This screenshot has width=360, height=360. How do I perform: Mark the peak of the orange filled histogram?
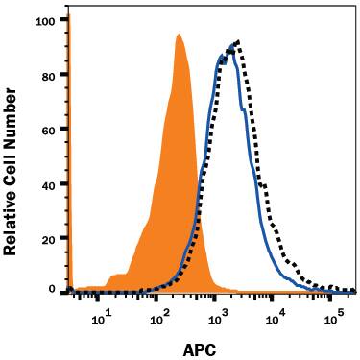point(179,36)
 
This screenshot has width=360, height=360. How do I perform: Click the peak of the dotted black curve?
point(237,41)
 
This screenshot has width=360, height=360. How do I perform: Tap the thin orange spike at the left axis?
point(69,154)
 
